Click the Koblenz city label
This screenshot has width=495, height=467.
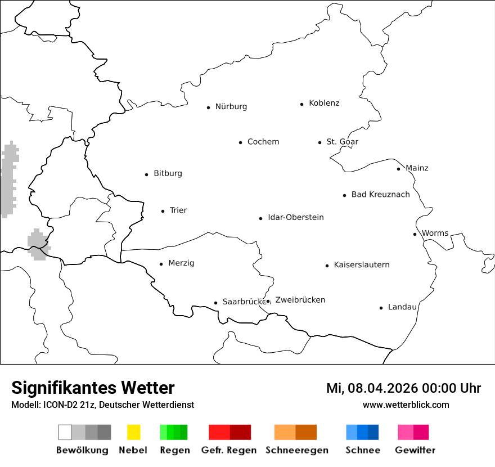click(324, 103)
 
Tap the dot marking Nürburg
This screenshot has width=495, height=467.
click(208, 107)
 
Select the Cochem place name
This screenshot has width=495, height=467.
click(263, 142)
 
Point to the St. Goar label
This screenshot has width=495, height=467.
click(342, 142)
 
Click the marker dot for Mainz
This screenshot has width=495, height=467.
click(398, 169)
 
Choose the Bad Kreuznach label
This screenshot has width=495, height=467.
click(380, 195)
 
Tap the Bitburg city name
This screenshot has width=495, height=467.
click(168, 173)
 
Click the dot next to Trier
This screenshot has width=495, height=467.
click(163, 211)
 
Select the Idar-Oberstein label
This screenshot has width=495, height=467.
click(295, 217)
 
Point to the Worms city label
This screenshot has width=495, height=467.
click(435, 233)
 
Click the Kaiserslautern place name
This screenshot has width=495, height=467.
click(361, 264)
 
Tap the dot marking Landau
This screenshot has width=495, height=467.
click(381, 308)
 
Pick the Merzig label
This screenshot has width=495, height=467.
click(181, 263)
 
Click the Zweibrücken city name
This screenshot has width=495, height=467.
click(300, 300)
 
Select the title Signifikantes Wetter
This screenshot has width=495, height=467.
click(93, 388)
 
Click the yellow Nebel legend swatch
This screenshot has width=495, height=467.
click(133, 432)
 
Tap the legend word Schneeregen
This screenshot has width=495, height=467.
click(296, 450)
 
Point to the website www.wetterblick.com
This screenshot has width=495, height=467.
click(406, 405)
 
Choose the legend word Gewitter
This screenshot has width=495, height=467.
click(415, 450)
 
